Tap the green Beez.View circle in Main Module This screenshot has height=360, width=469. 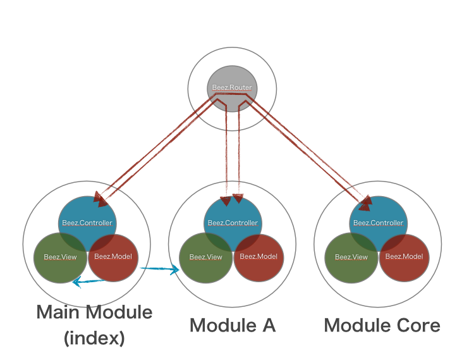(x=59, y=258)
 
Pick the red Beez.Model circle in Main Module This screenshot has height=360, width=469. (x=113, y=258)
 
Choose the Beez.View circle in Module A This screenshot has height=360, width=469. (x=205, y=258)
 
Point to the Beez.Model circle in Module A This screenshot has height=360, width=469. (x=259, y=258)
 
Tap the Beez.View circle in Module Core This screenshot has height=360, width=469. (x=351, y=258)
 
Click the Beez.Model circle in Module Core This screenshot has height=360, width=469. (x=404, y=258)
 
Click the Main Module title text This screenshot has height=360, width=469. (x=94, y=312)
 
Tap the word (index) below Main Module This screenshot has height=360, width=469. (x=94, y=338)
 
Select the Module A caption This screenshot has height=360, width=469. (x=233, y=325)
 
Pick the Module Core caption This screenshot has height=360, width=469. (x=382, y=325)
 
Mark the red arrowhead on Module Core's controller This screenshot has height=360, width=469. (x=365, y=204)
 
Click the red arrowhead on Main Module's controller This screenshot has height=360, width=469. (x=100, y=198)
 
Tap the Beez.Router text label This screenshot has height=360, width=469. (x=231, y=88)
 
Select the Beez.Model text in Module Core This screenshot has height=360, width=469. (x=404, y=257)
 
